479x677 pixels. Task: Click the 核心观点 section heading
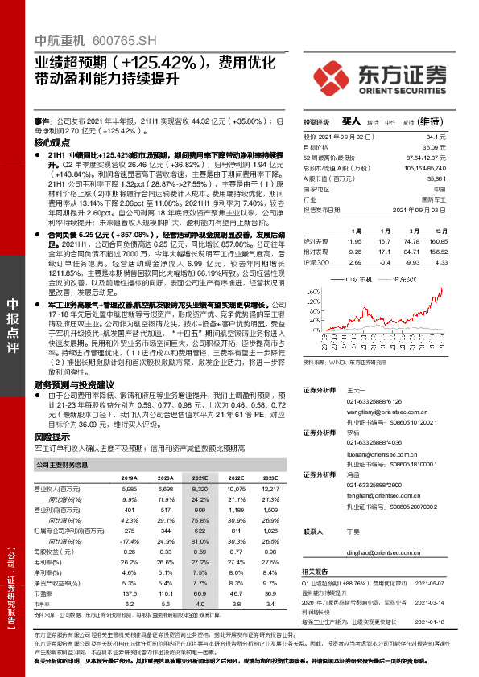pos(52,142)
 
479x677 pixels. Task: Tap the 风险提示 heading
pos(52,436)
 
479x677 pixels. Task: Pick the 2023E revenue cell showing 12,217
pos(270,488)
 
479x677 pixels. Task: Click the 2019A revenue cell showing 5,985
pos(129,488)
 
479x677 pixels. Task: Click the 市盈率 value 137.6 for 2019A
pos(129,592)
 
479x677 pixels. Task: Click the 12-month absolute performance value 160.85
pos(440,240)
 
